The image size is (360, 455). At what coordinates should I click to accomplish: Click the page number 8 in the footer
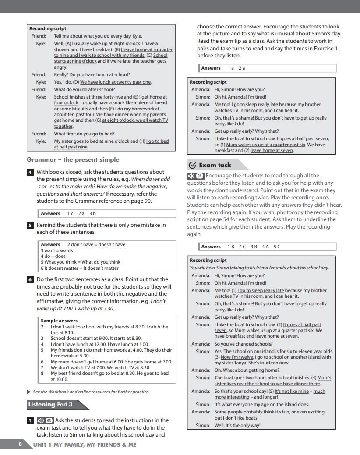coord(20,444)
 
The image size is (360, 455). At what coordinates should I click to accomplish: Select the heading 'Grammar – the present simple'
coord(73,159)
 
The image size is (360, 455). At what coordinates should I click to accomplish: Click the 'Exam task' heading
coord(215,165)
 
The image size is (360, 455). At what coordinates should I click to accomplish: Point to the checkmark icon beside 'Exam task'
coord(192,165)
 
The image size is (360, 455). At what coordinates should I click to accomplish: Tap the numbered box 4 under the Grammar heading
coord(30,172)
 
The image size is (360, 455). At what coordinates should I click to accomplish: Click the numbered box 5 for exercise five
coord(30,225)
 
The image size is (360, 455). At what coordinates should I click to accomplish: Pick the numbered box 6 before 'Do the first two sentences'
coord(30,279)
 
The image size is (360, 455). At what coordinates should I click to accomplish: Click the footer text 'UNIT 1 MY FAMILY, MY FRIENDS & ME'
coord(85,444)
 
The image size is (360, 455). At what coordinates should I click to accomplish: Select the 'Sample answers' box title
coord(59,321)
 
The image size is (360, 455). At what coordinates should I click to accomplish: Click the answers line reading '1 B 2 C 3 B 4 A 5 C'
coord(254,247)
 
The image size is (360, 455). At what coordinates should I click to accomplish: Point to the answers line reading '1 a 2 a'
coord(236,68)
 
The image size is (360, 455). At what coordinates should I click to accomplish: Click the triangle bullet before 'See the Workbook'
coord(29,392)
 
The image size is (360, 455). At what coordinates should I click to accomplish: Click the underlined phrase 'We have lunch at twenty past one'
coord(116,82)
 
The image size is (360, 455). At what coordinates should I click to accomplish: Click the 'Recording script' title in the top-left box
coord(48,28)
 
